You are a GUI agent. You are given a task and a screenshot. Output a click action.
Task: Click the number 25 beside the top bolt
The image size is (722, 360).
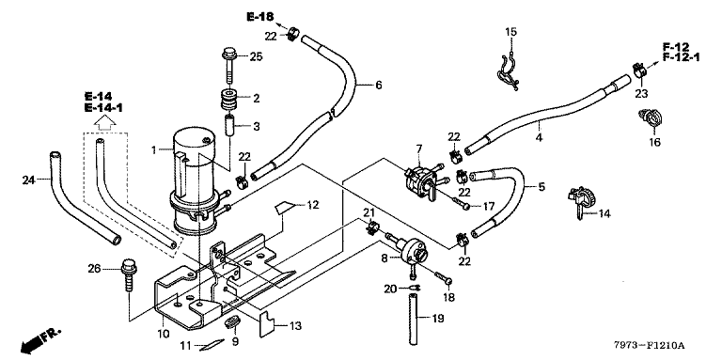(256, 57)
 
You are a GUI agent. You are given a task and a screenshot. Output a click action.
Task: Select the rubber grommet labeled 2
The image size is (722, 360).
(230, 99)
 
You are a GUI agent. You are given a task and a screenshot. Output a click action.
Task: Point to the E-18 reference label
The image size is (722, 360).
(260, 17)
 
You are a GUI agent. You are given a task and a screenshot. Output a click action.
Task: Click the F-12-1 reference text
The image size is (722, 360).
(681, 57)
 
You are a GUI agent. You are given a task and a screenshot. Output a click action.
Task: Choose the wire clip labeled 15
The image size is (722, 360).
(508, 71)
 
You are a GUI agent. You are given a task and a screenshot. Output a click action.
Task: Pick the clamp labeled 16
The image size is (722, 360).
(651, 117)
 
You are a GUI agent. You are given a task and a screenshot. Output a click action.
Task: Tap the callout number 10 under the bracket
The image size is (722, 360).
(164, 333)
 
